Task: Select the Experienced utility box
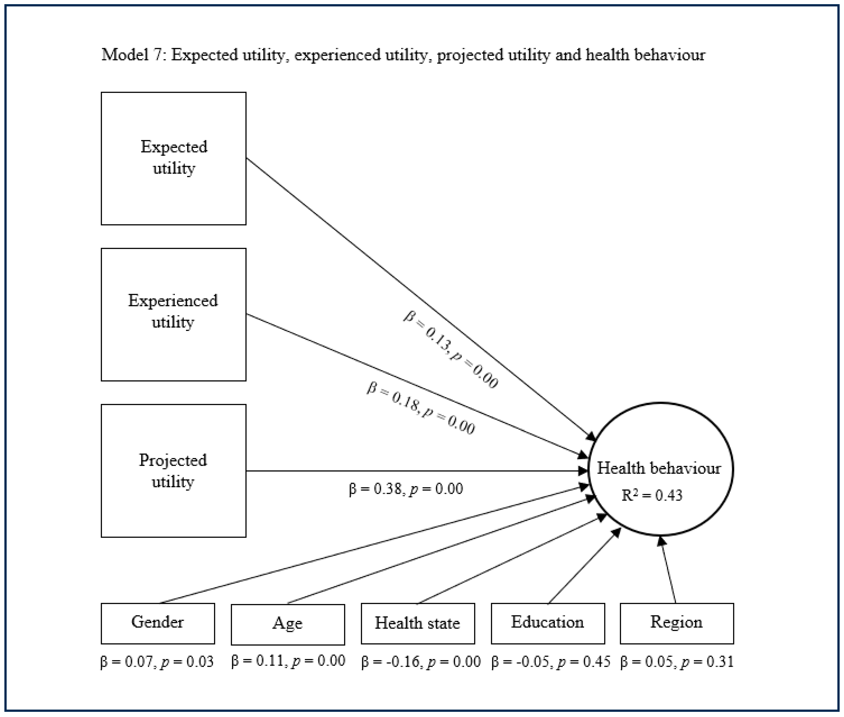[x=173, y=314]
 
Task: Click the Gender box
[x=158, y=623]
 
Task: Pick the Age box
[x=288, y=624]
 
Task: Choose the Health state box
[x=418, y=623]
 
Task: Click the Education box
[x=548, y=623]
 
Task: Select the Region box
[x=677, y=623]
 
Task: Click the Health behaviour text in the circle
[x=659, y=468]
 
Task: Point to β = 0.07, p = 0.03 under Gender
[x=157, y=662]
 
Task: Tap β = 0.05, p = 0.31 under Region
[x=677, y=662]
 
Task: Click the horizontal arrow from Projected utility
[x=414, y=471]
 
